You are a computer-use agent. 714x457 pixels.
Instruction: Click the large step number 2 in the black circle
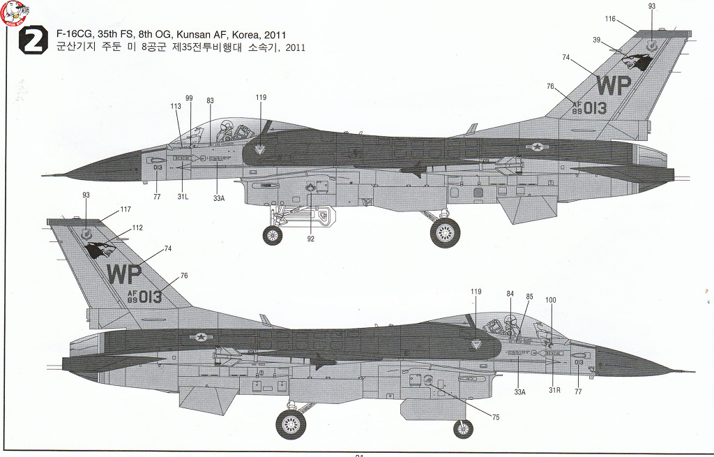tap(33, 42)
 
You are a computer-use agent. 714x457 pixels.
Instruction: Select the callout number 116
tap(610, 19)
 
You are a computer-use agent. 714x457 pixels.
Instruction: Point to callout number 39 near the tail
tap(597, 40)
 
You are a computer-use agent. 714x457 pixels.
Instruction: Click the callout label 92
tap(310, 239)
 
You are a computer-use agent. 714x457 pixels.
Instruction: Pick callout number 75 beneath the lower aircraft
tap(496, 417)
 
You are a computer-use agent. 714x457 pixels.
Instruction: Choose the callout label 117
tap(126, 209)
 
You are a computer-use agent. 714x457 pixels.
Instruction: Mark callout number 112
tap(137, 227)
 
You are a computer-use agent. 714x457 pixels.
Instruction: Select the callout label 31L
tap(183, 197)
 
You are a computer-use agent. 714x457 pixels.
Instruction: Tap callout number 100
tap(551, 300)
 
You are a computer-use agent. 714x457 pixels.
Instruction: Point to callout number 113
tap(175, 106)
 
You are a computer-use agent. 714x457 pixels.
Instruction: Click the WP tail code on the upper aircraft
tap(613, 84)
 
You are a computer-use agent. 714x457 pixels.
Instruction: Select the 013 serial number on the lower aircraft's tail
tap(150, 297)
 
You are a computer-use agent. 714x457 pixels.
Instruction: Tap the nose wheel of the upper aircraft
tap(273, 236)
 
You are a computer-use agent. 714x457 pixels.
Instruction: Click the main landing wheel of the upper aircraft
tap(445, 232)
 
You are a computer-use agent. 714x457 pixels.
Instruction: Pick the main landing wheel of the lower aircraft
tap(291, 424)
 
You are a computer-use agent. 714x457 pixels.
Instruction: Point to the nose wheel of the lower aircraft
tap(463, 429)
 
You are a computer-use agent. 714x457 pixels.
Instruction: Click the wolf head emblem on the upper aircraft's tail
tap(638, 62)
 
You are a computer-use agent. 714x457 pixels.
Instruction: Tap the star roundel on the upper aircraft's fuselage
tap(538, 147)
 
